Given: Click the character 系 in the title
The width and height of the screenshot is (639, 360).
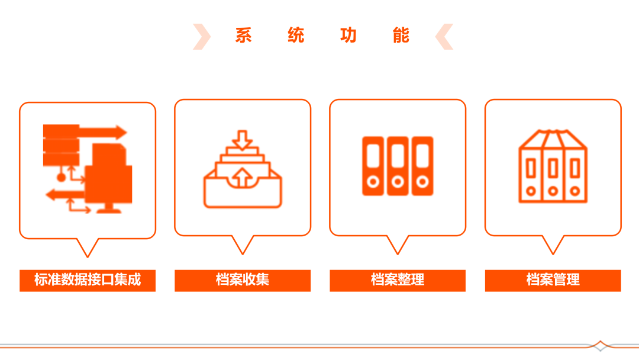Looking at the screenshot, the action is (243, 36).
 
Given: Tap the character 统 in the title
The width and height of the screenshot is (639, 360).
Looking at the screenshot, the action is (296, 36).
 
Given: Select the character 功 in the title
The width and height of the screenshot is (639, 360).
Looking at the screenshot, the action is (348, 36).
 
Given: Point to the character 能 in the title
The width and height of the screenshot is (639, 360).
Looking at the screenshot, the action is (401, 36).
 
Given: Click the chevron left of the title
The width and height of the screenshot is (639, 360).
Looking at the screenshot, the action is (202, 37).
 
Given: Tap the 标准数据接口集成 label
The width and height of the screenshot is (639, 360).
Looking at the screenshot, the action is (88, 279).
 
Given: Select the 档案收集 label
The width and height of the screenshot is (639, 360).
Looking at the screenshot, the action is (243, 279).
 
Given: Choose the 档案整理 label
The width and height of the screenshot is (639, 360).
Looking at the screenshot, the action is (398, 279).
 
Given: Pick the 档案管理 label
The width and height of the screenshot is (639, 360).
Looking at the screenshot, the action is (553, 279).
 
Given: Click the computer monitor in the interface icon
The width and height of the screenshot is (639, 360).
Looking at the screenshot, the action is (108, 178).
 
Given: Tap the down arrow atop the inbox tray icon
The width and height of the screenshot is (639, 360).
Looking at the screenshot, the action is (243, 140).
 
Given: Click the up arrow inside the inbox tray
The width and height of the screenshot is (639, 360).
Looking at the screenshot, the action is (243, 178).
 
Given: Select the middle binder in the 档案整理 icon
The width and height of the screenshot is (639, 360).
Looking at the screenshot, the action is (398, 166).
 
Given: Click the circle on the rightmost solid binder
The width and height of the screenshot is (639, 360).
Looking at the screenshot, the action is (422, 181).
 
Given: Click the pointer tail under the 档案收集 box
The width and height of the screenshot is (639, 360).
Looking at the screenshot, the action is (243, 245).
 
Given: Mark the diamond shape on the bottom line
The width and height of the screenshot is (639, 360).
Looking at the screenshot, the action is (600, 346).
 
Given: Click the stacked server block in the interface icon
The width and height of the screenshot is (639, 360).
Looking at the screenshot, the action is (61, 145).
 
